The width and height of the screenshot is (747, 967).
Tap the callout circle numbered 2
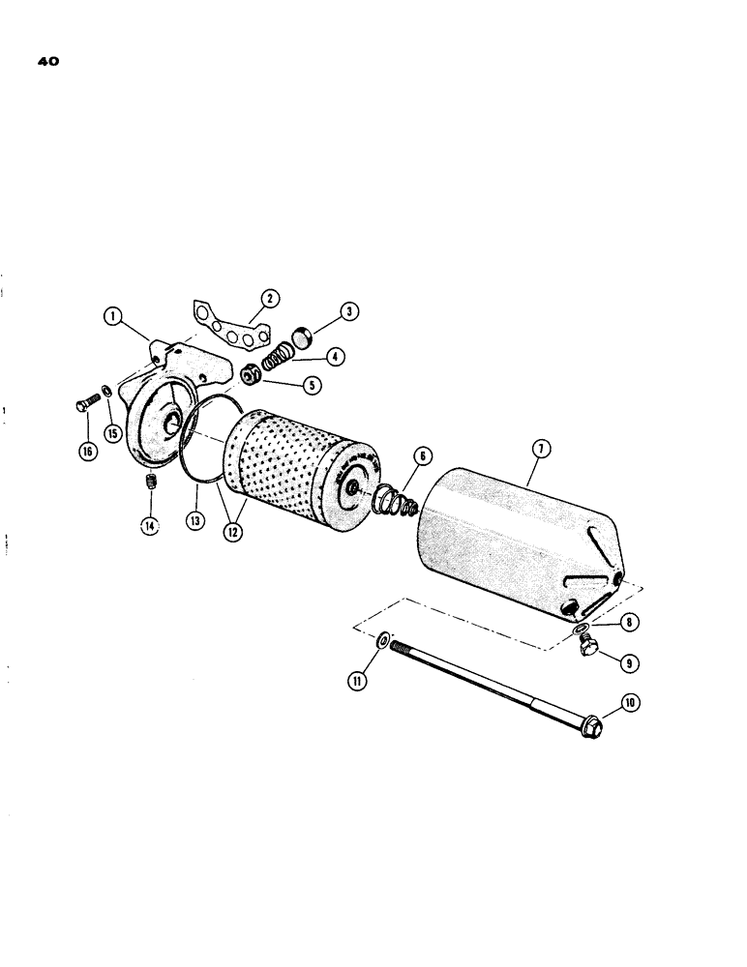(x=273, y=299)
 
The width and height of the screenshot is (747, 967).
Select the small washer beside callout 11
(x=382, y=640)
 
